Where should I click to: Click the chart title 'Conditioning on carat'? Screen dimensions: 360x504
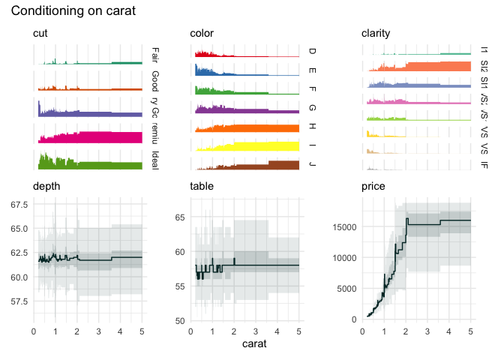(x=73, y=11)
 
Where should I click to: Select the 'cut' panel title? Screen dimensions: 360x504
(x=41, y=34)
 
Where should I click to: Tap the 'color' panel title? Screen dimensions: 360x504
(x=202, y=34)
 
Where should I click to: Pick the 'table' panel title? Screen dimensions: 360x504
(x=203, y=186)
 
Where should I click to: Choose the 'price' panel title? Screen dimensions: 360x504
(x=373, y=186)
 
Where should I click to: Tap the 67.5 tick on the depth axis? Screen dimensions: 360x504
(x=19, y=204)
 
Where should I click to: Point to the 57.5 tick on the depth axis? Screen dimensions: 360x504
(x=19, y=301)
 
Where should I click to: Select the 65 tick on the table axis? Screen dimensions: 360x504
(x=180, y=217)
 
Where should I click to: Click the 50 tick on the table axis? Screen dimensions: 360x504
(x=180, y=320)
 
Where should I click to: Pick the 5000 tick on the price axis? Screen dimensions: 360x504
(x=347, y=289)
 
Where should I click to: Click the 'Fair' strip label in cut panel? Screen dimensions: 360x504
(x=154, y=54)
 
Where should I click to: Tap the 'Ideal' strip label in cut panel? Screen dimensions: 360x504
(x=154, y=160)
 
